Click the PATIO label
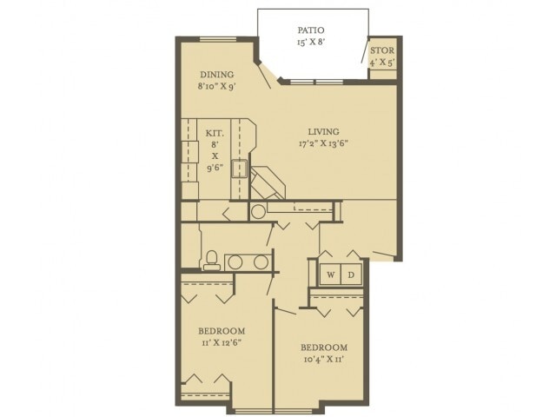coord(312,29)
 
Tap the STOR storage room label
coord(382,49)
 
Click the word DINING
coord(217,74)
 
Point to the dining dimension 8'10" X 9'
coord(217,87)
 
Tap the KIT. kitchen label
coord(215,133)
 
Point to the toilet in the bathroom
coord(210,259)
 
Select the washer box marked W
coord(331,275)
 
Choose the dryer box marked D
coord(351,275)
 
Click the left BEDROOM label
coord(222,331)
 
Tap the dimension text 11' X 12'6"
coord(222,343)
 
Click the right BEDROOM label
coord(324,347)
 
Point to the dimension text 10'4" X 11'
coord(324,360)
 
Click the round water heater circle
coord(258,212)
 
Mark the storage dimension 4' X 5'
coord(382,62)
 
